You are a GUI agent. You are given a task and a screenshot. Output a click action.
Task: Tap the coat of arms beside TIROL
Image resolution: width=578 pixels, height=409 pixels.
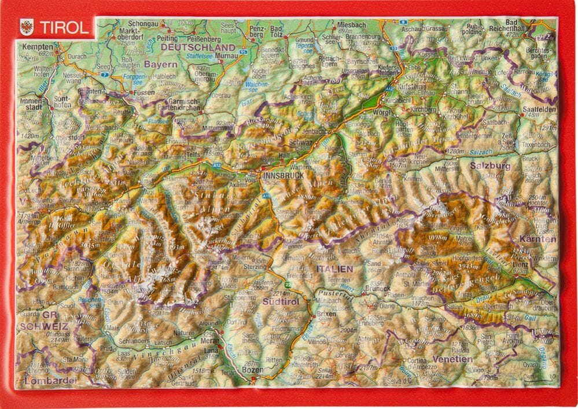(26, 27)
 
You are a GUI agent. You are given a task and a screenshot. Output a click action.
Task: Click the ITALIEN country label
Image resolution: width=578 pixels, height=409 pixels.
(334, 269)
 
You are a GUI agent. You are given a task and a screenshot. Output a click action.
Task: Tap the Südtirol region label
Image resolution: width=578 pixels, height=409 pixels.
(280, 301)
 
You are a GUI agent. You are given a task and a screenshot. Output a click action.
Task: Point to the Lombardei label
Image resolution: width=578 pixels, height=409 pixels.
(50, 380)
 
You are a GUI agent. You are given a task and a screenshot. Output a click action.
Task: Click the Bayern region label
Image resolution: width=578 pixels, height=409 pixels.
(160, 64)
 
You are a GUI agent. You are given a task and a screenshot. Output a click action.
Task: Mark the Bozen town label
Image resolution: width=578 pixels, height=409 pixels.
(252, 369)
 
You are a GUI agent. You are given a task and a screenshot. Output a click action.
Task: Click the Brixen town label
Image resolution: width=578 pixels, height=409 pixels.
(327, 313)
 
